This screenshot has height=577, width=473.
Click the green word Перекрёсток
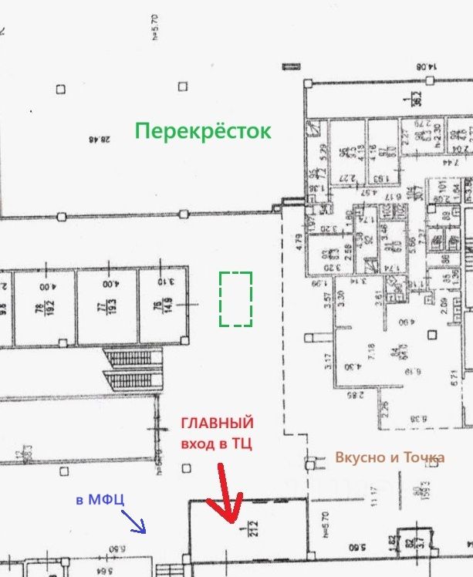coord(203,131)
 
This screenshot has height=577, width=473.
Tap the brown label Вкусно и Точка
coord(390,457)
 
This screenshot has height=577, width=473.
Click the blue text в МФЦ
coord(100,500)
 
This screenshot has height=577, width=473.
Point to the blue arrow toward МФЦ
coord(136,525)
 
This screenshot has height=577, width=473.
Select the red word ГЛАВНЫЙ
coord(217,423)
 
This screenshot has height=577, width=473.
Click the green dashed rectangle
coord(235,299)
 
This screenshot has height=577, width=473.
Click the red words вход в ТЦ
coord(217,444)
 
